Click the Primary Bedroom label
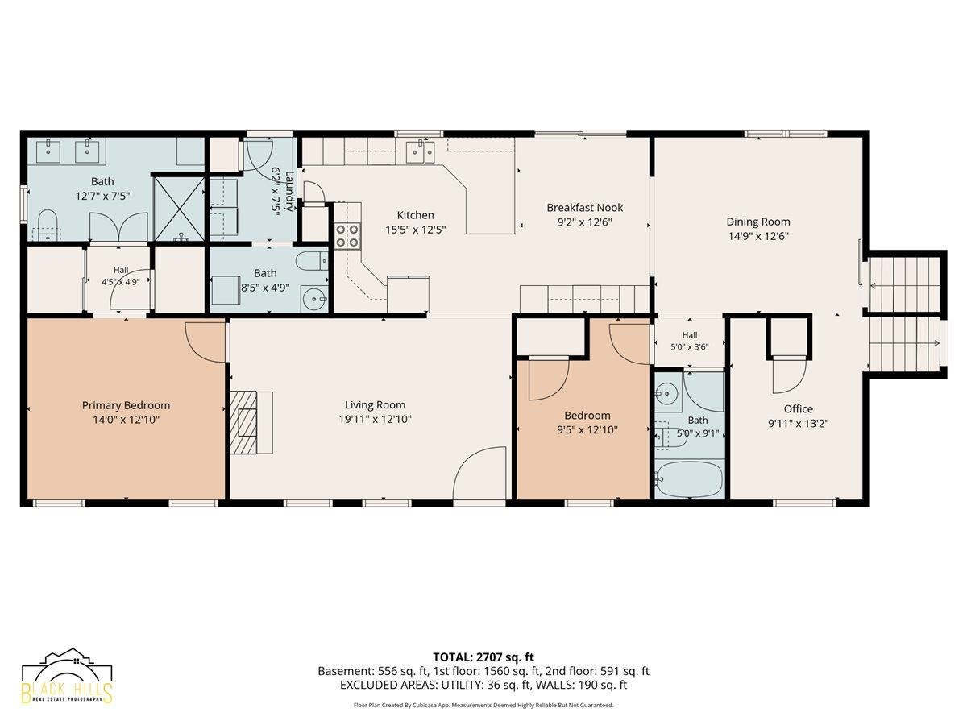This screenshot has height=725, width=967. (x=126, y=405)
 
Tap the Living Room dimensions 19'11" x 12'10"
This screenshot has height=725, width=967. (x=375, y=419)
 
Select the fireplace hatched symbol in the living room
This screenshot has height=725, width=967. (x=243, y=421)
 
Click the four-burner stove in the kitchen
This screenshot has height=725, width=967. (x=347, y=236)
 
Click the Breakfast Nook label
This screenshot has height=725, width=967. (x=584, y=207)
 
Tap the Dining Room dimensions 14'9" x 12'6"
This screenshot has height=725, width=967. (x=757, y=236)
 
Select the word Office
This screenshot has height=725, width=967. (x=799, y=409)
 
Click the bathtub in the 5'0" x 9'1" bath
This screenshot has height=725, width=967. (x=690, y=479)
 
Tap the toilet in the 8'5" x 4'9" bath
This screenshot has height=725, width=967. (x=312, y=262)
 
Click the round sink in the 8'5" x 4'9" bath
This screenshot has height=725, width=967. (x=314, y=300)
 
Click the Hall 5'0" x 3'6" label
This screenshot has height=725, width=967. (x=690, y=341)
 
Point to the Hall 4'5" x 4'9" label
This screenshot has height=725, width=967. (x=121, y=276)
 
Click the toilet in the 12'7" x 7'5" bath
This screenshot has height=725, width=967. (x=47, y=225)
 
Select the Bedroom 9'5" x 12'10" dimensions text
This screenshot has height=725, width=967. (x=587, y=429)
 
